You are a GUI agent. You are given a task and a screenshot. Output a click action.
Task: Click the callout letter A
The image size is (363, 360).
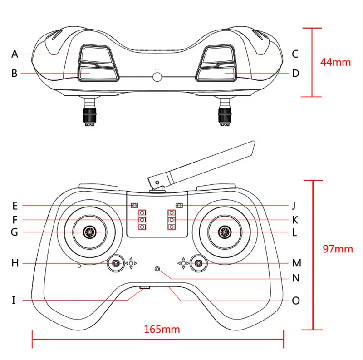tap(15, 54)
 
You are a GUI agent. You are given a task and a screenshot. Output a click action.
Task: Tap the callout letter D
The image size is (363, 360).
tap(295, 73)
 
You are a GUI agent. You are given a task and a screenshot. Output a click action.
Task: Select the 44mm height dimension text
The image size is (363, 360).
tap(335, 62)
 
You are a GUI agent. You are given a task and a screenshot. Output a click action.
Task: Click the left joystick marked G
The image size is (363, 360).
tap(90, 232)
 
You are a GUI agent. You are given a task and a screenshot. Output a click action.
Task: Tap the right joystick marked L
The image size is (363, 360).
tap(224, 232)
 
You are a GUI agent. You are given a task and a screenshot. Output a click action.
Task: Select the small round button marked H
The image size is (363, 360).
tap(116, 263)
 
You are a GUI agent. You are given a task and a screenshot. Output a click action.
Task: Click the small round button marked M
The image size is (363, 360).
tap(198, 262)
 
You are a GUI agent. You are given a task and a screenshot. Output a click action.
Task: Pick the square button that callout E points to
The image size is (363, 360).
tap(134, 205)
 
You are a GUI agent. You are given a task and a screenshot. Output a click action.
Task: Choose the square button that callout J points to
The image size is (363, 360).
tap(179, 205)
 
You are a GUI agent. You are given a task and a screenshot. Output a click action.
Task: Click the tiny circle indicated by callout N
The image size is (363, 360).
tap(157, 270)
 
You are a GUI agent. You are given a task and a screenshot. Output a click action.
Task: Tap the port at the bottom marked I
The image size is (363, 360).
tap(145, 288)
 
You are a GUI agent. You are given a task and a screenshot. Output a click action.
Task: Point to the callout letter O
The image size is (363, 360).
tap(295, 301)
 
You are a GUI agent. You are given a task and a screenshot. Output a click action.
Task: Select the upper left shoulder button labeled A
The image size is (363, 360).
tap(96, 54)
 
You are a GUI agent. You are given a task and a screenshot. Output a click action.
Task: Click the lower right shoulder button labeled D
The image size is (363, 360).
tap(217, 74)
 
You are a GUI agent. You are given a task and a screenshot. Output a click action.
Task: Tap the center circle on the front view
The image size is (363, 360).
tap(157, 76)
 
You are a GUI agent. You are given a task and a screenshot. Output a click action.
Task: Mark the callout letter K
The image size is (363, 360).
tap(295, 220)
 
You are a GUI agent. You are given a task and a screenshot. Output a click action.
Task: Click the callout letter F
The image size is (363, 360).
tap(15, 220)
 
